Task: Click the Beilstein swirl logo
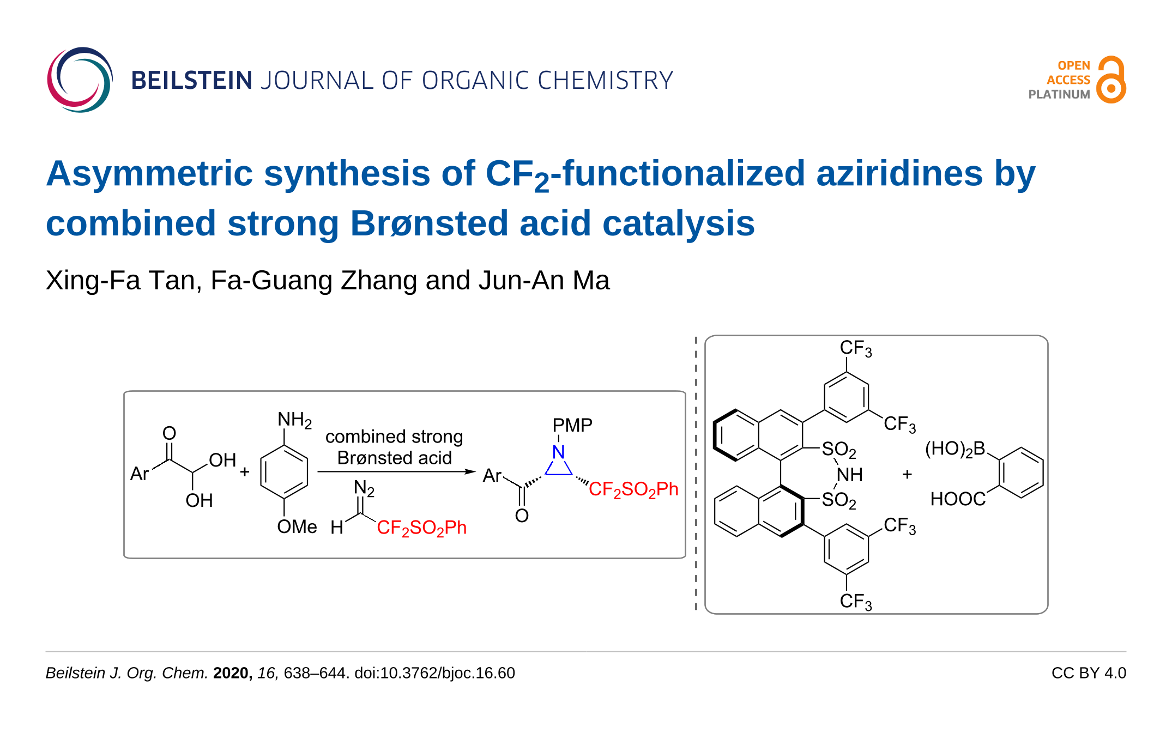(x=80, y=80)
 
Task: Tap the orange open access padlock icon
(x=1111, y=80)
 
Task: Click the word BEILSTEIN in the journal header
(x=192, y=81)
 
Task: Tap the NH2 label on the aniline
(x=294, y=420)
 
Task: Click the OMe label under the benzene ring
(x=297, y=527)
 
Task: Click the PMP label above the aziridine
(x=572, y=425)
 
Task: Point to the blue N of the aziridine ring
(x=558, y=452)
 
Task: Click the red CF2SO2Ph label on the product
(x=633, y=489)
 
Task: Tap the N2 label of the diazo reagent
(x=364, y=488)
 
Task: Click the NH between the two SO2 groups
(x=849, y=475)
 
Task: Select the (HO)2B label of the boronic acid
(x=955, y=449)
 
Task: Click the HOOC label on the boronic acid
(x=958, y=499)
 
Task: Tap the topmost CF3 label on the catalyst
(x=855, y=348)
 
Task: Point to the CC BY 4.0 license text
(x=1088, y=673)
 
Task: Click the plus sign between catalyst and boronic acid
(x=907, y=474)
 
